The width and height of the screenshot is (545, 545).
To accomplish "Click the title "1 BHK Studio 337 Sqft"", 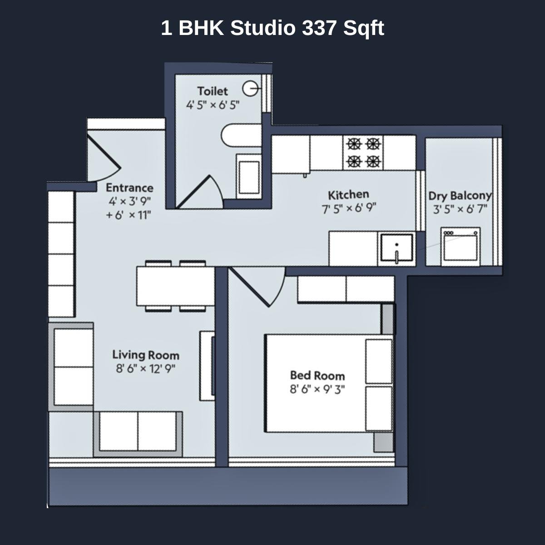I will [272, 28].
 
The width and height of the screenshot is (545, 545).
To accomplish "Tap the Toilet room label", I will [213, 91].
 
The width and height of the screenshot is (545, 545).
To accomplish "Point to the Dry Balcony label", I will [460, 196].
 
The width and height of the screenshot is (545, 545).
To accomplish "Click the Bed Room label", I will [317, 376].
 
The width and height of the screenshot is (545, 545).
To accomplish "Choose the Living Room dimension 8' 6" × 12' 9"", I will [145, 368].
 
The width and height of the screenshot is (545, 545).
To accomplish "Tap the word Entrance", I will [129, 188].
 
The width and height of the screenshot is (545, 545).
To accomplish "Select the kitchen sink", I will [396, 248].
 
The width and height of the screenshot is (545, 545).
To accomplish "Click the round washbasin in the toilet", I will [250, 88].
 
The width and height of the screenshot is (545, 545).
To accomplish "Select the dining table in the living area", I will [175, 286].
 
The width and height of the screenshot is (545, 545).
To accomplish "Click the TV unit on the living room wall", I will [207, 365].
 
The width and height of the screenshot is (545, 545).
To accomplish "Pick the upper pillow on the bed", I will [379, 361].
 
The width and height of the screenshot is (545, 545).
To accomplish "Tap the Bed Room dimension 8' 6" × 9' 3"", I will [317, 389].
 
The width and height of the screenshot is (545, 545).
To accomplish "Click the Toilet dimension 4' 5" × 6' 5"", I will [213, 105].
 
